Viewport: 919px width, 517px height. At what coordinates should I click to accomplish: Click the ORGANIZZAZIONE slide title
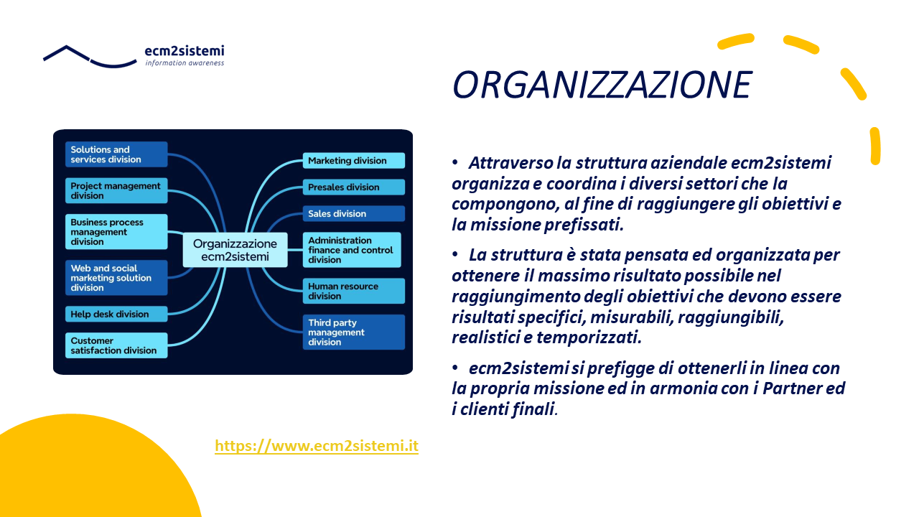pos(602,85)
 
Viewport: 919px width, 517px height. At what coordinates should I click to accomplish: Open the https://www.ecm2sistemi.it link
pos(317,446)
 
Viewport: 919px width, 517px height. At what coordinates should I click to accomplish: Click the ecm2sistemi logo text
pos(185,51)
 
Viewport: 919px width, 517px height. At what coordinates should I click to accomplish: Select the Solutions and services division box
pos(116,154)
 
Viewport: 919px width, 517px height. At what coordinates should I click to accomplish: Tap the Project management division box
pos(116,190)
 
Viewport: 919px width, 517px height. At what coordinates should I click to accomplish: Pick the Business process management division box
pos(116,232)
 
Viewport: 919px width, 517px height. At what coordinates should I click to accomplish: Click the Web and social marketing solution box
pos(116,278)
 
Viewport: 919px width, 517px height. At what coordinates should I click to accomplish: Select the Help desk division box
pos(116,314)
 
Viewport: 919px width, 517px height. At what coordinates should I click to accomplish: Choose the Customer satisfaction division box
pos(116,345)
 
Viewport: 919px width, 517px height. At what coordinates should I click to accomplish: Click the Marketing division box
pos(354,160)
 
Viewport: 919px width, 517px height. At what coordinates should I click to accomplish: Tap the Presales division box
pos(354,187)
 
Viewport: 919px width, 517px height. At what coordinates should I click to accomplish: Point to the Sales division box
pos(354,213)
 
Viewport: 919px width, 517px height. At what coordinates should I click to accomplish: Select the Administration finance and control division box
pos(352,250)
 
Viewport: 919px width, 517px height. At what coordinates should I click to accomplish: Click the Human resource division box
pos(354,291)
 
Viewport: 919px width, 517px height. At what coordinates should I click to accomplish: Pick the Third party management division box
pos(354,332)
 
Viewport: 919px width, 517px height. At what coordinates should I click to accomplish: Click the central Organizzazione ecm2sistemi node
pos(235,250)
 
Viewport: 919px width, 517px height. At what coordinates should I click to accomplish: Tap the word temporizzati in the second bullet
pos(589,337)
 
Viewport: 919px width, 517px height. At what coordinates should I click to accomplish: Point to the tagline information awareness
pos(185,62)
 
